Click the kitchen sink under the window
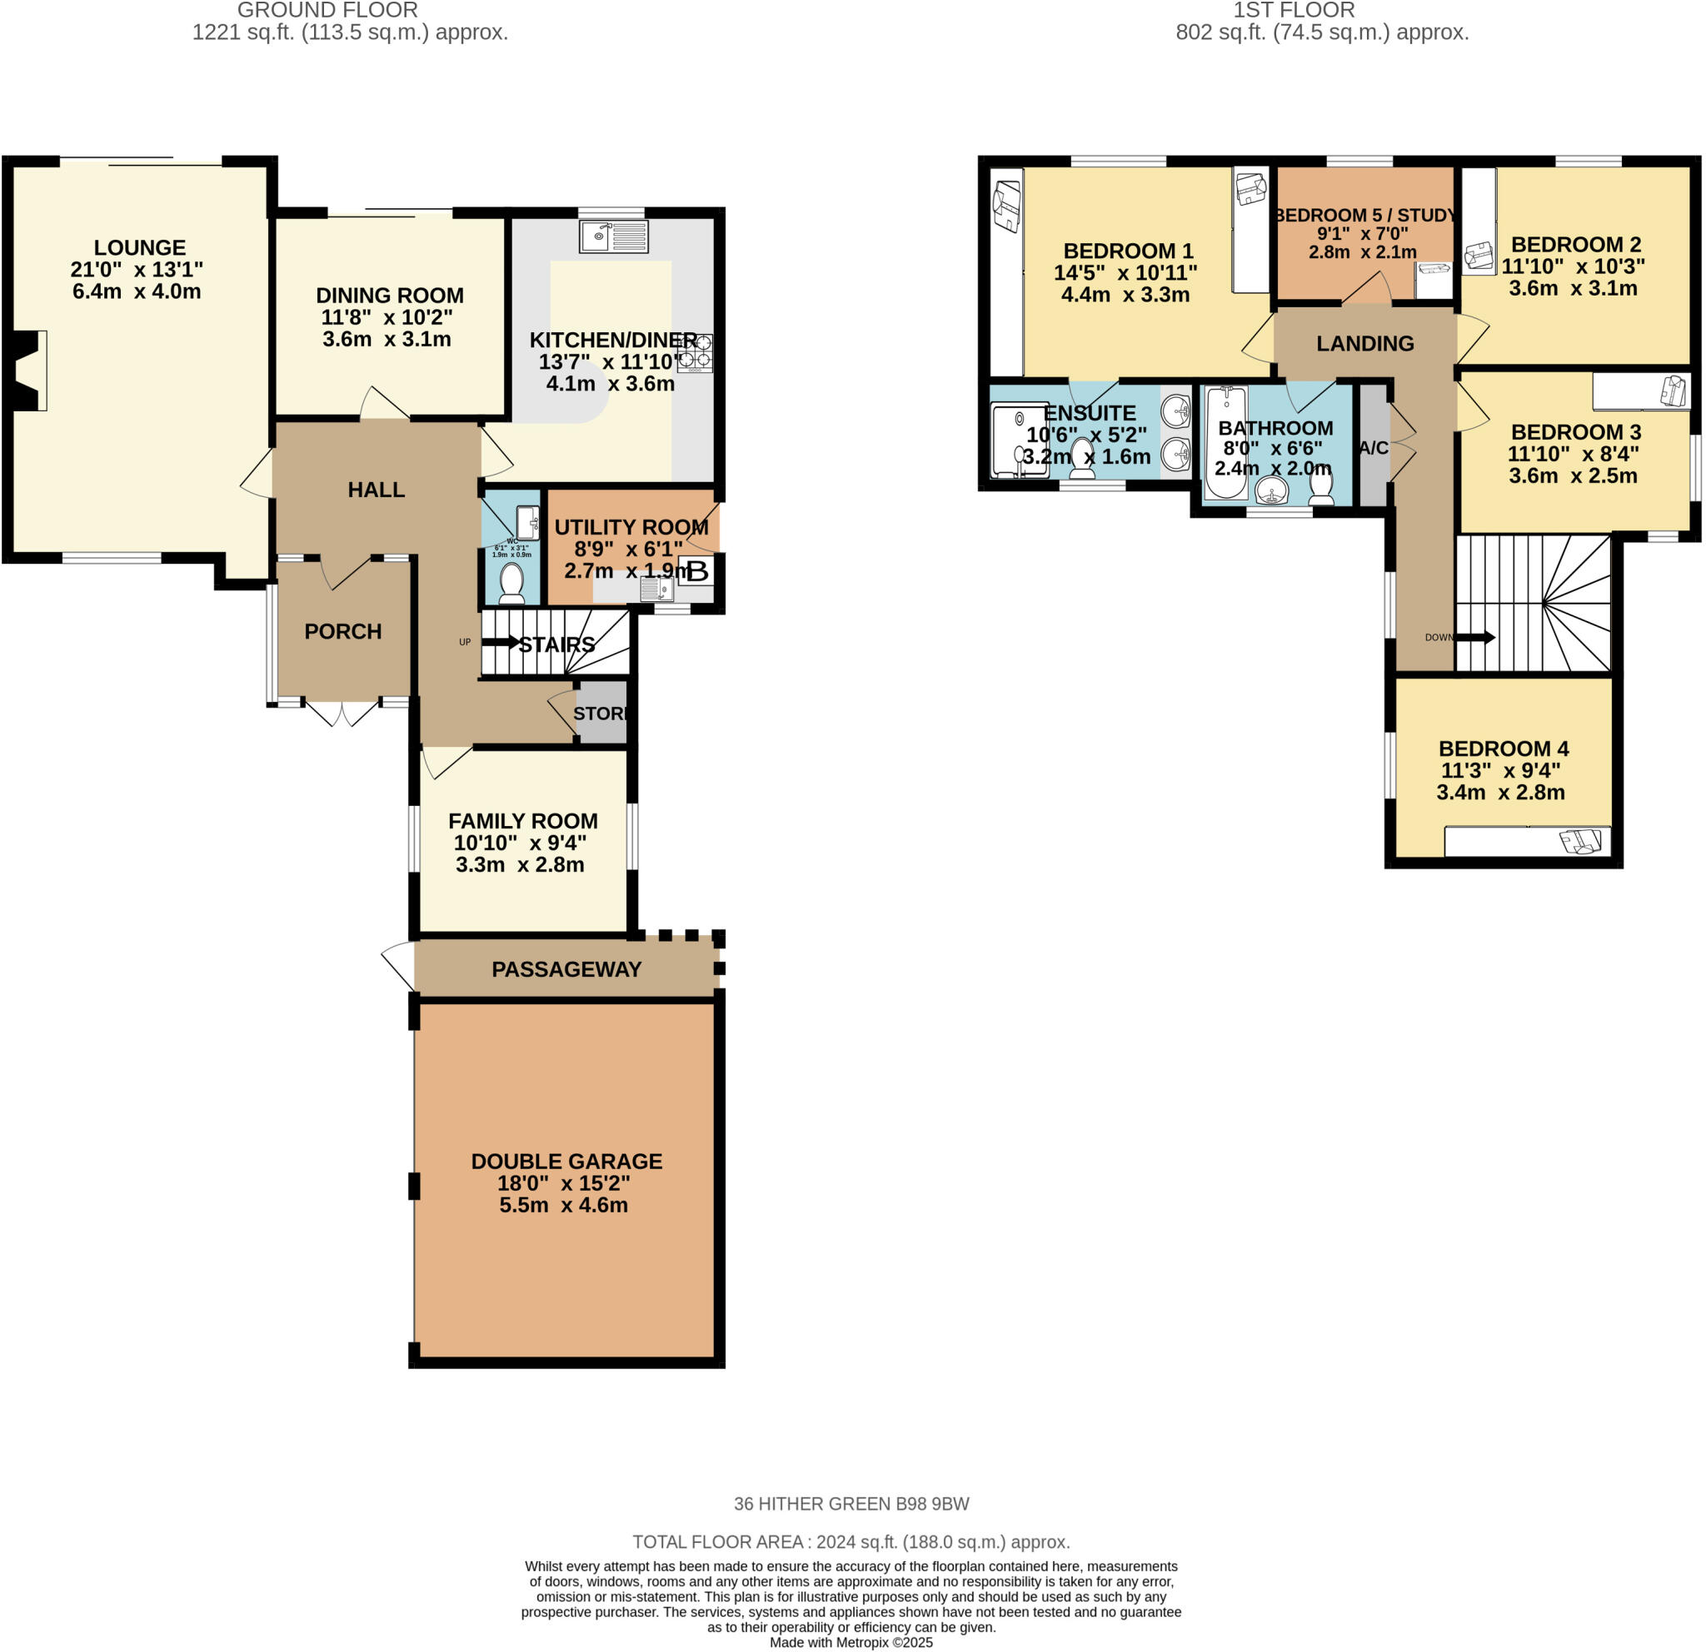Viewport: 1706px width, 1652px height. [614, 236]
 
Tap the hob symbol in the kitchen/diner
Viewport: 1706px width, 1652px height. [695, 352]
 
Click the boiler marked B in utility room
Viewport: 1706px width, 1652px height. [697, 571]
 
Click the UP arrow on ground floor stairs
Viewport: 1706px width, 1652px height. [501, 642]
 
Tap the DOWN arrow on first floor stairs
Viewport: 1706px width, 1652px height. [1474, 638]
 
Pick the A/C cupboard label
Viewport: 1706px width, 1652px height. [1374, 448]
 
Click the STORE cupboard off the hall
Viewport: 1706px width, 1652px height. [601, 714]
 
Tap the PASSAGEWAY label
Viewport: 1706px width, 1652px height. [566, 969]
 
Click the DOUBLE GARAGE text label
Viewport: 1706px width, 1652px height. [566, 1162]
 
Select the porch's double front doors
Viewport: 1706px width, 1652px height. [342, 712]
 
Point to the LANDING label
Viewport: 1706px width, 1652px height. [1364, 344]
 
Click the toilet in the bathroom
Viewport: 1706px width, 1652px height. [1321, 485]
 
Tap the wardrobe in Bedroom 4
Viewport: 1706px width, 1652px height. [1528, 842]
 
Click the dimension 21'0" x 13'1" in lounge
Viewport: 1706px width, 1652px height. [137, 270]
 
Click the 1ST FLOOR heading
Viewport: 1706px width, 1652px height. [1294, 11]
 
